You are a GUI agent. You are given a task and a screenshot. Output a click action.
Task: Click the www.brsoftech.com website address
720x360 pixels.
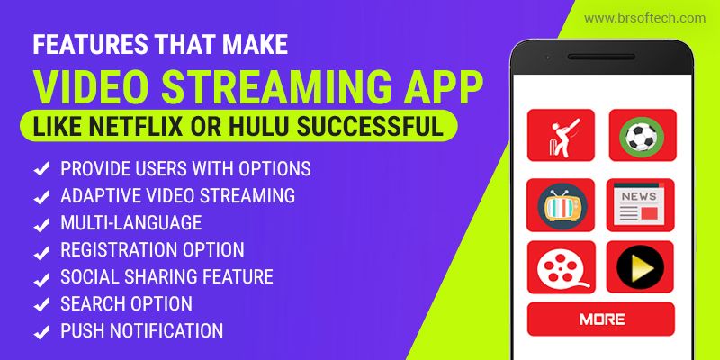tap(644, 18)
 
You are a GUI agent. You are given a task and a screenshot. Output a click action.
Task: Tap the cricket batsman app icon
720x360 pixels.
tap(561, 135)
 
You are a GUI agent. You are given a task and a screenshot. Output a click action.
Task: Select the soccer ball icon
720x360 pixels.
tap(642, 135)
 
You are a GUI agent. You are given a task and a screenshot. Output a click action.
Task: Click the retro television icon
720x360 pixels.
tap(560, 205)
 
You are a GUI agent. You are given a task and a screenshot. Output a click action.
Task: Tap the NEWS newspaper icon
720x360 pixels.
tap(641, 205)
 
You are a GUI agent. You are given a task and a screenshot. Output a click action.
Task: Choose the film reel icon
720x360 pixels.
tap(561, 267)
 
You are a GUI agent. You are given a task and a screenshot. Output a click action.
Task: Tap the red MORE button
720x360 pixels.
tap(601, 319)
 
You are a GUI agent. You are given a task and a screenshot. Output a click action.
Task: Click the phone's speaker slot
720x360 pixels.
tap(601, 57)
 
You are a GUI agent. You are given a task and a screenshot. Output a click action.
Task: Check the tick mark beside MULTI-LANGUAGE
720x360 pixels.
tap(41, 224)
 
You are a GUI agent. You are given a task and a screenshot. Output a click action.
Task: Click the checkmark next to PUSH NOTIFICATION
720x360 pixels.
tap(41, 332)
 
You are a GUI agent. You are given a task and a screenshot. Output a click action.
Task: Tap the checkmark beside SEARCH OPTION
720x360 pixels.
tap(41, 305)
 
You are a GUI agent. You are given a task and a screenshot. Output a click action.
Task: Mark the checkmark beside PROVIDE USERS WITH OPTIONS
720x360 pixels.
tap(41, 170)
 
